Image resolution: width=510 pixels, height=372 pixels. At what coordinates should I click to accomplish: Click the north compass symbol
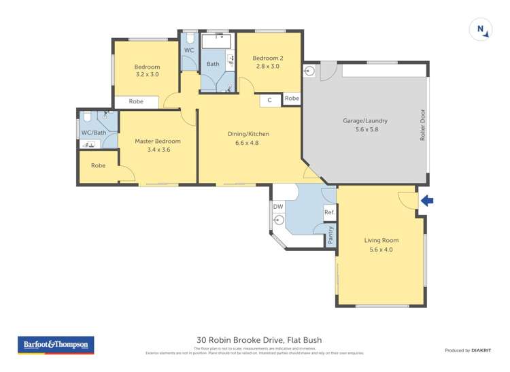coord(481,30)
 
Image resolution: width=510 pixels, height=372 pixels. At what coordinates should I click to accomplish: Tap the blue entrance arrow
coord(426,201)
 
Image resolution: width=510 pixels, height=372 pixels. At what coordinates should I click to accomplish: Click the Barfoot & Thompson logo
coord(56,345)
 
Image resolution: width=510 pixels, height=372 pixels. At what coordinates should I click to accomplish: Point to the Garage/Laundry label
coord(365,121)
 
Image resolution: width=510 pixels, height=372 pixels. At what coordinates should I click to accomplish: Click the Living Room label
coord(381,240)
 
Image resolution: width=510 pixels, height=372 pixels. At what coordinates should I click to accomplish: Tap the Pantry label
coord(330,236)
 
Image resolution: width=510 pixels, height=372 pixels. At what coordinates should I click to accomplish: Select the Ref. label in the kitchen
coord(329,213)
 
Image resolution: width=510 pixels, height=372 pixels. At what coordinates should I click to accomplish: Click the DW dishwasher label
coord(277,206)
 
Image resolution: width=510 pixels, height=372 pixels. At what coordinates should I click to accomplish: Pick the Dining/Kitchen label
coord(243,134)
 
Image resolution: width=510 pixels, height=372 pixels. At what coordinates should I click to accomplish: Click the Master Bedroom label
coord(157,141)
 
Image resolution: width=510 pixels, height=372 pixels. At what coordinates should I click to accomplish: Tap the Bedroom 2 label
coord(268,58)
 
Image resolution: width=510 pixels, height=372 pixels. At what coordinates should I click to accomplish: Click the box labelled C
coord(270,100)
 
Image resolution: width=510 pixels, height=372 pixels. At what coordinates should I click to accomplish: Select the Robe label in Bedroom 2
coord(292,99)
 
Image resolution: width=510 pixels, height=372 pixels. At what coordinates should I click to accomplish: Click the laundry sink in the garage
coord(310,69)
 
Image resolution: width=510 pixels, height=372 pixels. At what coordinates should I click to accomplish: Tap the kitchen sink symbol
coord(279,220)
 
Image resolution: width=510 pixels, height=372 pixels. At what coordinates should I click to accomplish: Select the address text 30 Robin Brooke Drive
coord(258,340)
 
